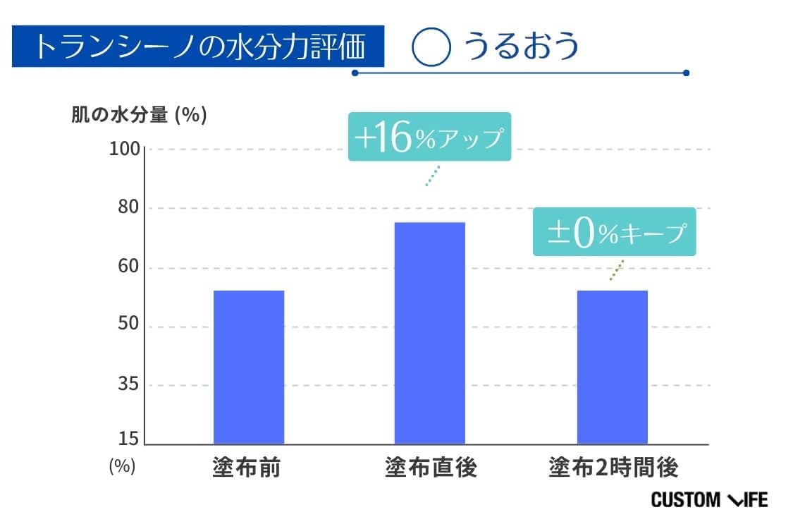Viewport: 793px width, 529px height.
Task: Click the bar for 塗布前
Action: (x=248, y=367)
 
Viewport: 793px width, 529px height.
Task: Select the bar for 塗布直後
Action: (x=429, y=333)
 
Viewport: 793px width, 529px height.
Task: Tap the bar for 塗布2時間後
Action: (x=612, y=367)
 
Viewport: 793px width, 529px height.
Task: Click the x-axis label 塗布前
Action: (x=246, y=467)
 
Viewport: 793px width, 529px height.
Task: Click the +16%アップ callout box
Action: (x=429, y=137)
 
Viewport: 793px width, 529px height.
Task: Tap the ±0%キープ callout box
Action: (x=614, y=232)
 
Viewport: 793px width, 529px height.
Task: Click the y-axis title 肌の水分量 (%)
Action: (x=139, y=115)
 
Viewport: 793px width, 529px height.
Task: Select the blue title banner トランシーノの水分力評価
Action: (x=198, y=47)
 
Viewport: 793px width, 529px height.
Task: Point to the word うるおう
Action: (x=521, y=47)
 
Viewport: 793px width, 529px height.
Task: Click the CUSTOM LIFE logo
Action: (x=708, y=500)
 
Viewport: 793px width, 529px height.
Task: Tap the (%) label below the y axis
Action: (x=122, y=466)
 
